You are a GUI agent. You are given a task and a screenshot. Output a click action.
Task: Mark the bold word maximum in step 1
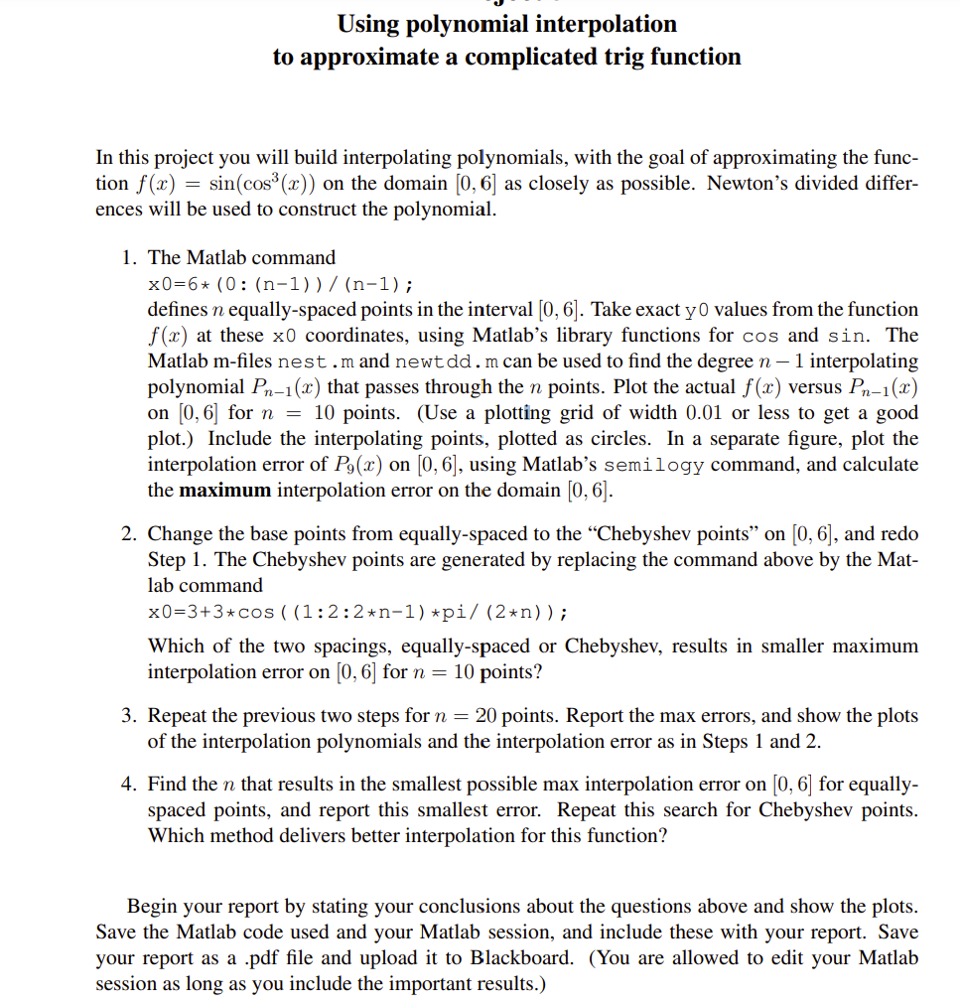pos(225,491)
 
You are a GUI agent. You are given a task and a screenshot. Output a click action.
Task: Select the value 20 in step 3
pos(485,716)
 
